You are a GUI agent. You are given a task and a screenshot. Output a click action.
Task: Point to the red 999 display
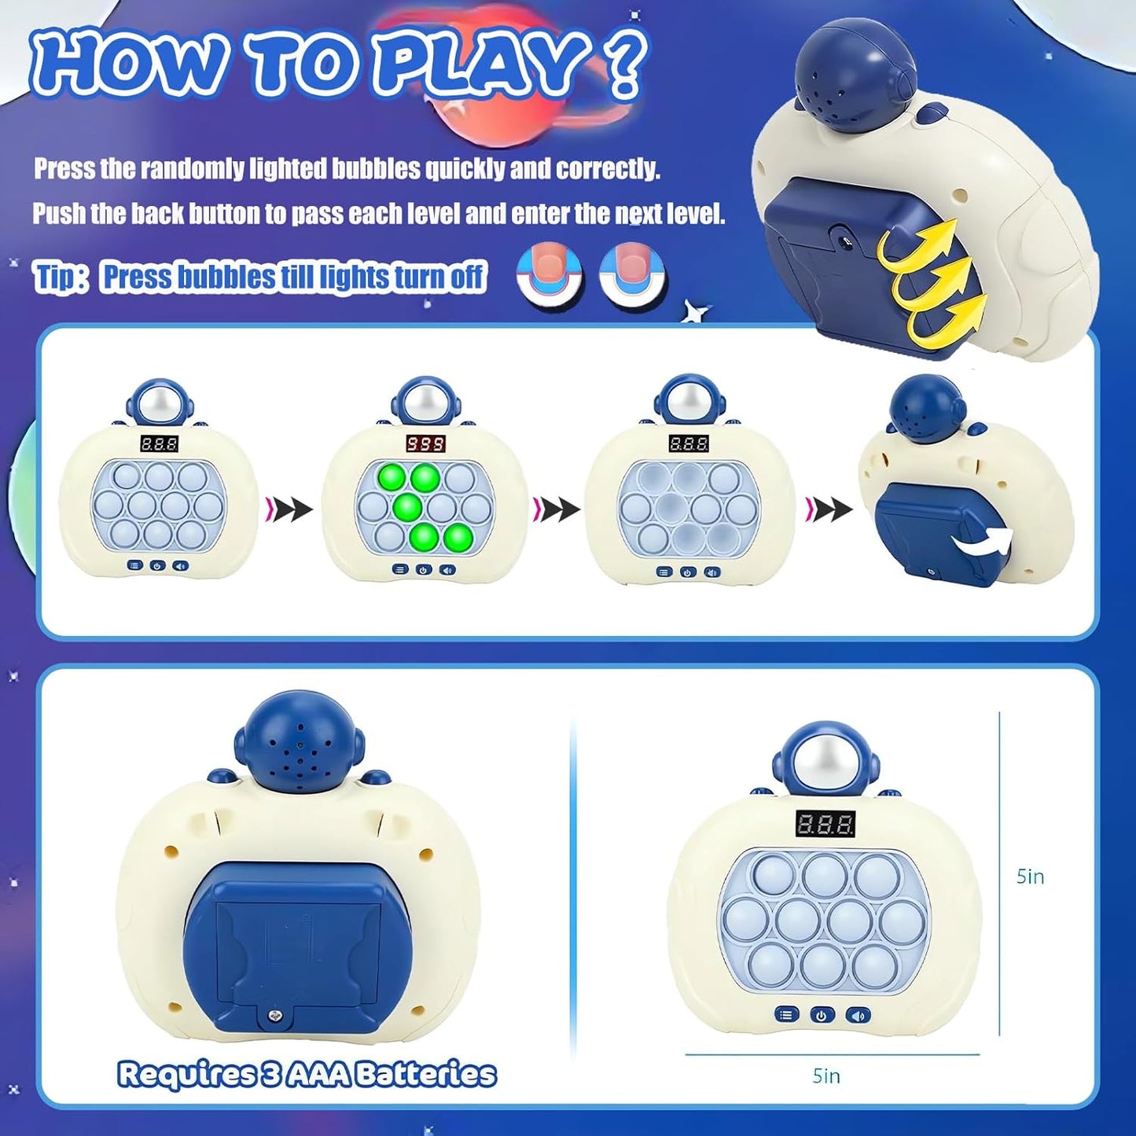click(425, 444)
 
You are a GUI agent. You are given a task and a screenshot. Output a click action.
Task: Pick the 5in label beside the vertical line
click(1030, 876)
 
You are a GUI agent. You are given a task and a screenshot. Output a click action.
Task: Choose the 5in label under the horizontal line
click(826, 1075)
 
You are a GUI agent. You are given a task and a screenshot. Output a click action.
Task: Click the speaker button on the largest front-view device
click(858, 1014)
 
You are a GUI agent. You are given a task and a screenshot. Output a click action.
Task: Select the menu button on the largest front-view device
click(786, 1014)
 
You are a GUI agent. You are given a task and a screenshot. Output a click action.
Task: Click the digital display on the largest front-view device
click(825, 823)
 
